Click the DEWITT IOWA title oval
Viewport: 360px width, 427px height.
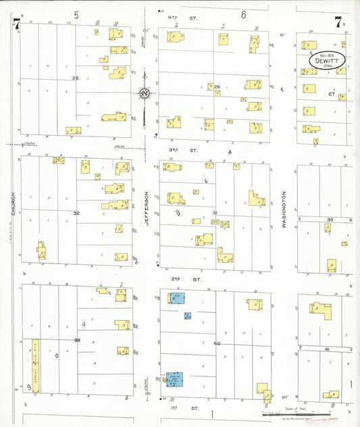327,60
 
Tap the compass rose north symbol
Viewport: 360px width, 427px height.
144,93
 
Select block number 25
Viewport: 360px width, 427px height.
76,78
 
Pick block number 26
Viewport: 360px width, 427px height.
217,86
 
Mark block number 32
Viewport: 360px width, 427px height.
76,212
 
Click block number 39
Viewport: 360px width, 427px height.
77,340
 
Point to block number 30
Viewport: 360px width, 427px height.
330,220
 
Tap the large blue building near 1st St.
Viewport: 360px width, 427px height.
174,380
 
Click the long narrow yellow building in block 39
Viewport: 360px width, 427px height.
35,365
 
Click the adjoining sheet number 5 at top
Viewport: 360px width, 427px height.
76,14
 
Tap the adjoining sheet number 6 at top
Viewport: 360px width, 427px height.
242,14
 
